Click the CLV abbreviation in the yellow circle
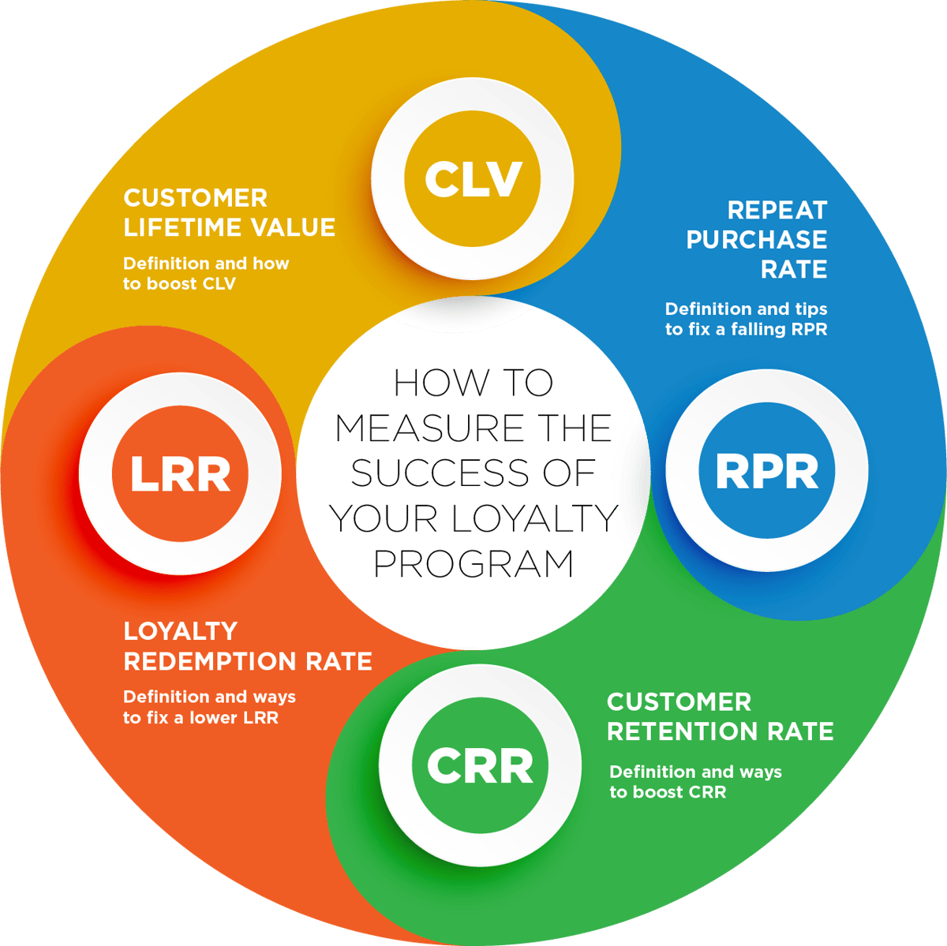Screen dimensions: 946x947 473,179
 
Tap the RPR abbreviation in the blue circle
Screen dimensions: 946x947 767,471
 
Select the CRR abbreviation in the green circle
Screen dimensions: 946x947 481,766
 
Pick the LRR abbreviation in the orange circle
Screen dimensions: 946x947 181,473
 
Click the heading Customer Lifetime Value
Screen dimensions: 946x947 229,212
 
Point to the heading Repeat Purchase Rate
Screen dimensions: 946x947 757,240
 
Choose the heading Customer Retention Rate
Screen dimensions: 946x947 720,716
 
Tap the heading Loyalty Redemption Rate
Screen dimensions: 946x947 247,646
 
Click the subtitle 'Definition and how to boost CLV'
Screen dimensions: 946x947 206,274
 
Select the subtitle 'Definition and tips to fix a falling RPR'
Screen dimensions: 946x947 746,320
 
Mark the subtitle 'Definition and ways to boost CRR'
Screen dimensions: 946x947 695,782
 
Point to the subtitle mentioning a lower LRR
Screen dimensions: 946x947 209,707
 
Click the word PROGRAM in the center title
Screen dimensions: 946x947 473,564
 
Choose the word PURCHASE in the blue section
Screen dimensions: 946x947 757,240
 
